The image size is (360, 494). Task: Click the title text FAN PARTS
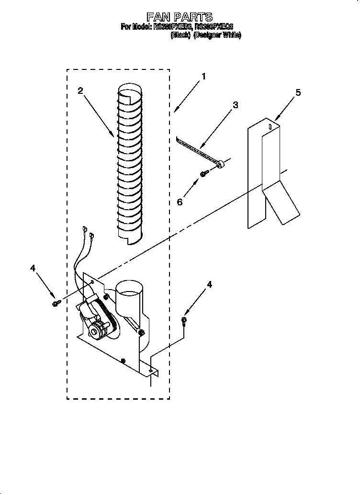(x=180, y=18)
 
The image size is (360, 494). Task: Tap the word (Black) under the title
(x=181, y=35)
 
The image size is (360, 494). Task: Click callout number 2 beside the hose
(x=80, y=90)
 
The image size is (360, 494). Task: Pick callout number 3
(x=235, y=105)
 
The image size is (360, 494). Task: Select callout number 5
(x=298, y=92)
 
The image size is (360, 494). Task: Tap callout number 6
(x=180, y=202)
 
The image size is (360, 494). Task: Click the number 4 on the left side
(x=33, y=268)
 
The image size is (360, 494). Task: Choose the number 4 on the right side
(x=209, y=284)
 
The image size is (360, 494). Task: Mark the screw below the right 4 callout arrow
(x=184, y=321)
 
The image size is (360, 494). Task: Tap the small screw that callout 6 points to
(x=203, y=174)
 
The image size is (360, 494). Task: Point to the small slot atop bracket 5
(x=270, y=126)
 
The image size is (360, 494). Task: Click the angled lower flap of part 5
(x=282, y=204)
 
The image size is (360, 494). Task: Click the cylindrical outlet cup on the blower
(x=129, y=299)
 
